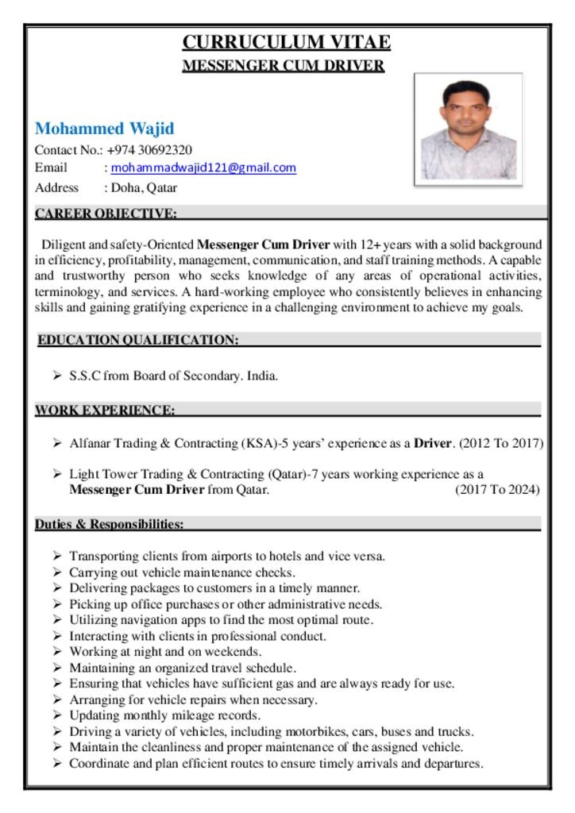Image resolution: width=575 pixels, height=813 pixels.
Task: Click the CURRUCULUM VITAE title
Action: tap(286, 42)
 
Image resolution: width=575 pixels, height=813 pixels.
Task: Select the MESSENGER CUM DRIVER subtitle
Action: tap(284, 65)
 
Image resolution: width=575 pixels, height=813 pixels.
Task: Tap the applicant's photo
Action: tap(468, 130)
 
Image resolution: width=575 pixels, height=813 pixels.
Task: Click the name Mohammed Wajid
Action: tap(104, 129)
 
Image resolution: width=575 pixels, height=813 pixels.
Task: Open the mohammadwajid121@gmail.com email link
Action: tap(203, 168)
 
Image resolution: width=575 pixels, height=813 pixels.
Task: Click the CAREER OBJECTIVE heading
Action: tap(105, 213)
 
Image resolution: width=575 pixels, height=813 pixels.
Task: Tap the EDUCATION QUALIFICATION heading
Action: tap(138, 340)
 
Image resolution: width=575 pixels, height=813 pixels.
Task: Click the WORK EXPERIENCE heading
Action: tap(104, 410)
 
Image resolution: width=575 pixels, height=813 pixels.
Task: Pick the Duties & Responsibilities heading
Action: tap(110, 524)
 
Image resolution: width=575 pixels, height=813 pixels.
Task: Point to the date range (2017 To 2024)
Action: tap(497, 489)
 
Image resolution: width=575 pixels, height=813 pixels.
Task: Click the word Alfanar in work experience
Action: tap(89, 443)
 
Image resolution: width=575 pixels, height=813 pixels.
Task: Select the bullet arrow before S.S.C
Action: tap(57, 376)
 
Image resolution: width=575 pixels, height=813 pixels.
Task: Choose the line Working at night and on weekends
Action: tap(165, 652)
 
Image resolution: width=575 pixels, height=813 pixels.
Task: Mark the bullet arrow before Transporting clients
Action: tap(57, 557)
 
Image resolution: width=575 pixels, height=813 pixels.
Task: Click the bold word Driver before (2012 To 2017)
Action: tap(432, 443)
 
